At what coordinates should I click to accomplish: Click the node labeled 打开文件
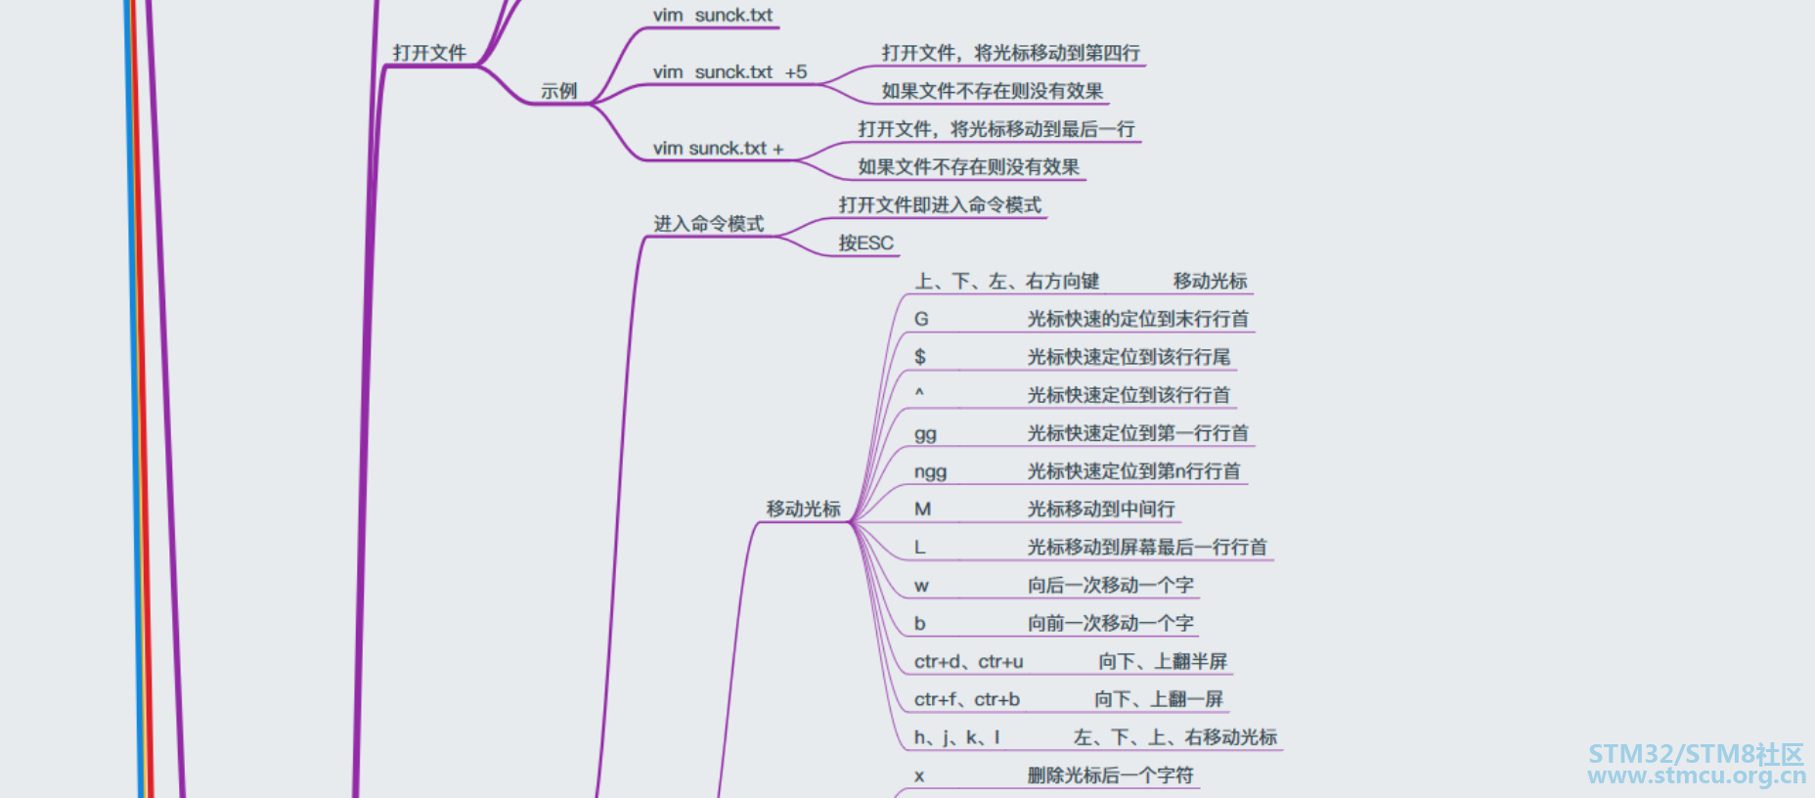429,53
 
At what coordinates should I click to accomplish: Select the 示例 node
559,91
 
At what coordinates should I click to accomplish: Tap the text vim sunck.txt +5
730,72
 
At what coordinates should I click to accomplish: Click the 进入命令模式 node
709,224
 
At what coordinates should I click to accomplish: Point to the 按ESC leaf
865,244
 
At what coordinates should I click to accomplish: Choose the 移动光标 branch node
803,510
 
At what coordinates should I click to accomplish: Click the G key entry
921,320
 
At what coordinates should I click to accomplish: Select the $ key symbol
920,357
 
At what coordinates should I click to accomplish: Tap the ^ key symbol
919,393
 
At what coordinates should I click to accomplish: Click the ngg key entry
930,472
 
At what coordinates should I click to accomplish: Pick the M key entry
922,510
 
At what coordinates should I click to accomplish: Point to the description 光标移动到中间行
1101,510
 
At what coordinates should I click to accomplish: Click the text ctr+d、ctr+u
968,662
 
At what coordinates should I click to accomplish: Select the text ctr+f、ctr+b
966,699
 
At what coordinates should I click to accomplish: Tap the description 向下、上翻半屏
1162,662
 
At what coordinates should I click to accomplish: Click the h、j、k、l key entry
956,737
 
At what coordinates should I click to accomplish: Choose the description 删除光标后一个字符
1110,776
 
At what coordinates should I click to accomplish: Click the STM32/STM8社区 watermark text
1695,754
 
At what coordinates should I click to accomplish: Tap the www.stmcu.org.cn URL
1696,776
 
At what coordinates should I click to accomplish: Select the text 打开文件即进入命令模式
940,205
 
